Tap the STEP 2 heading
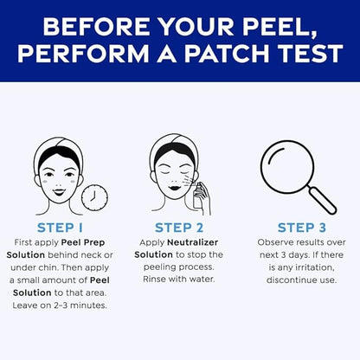[x=179, y=228]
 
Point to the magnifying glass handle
[x=322, y=199]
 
